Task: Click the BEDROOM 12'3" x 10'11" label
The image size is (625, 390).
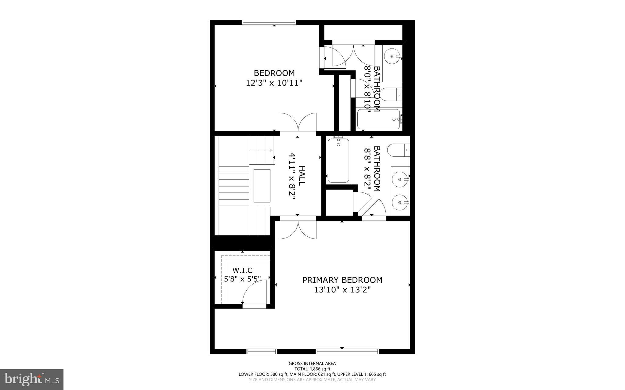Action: [x=274, y=78]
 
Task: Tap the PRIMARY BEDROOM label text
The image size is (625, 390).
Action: [x=342, y=280]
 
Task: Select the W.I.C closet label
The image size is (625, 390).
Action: [x=242, y=270]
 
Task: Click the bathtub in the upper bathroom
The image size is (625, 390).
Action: [x=379, y=119]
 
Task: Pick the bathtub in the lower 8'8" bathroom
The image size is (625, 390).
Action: [x=338, y=161]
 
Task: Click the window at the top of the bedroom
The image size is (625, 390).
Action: [x=269, y=22]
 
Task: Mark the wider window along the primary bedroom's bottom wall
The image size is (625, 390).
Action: [x=347, y=351]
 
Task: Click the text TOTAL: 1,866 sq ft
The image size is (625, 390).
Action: [x=312, y=369]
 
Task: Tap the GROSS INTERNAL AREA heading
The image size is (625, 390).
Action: [x=312, y=363]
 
